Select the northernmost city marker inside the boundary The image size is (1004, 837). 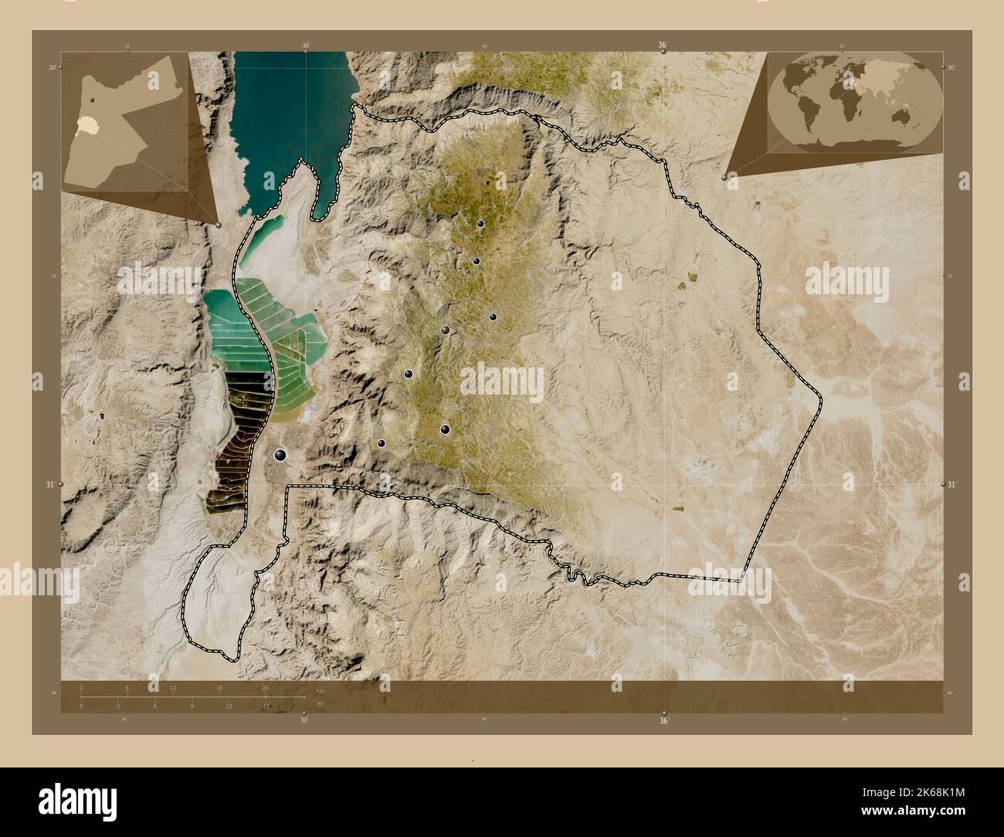(x=480, y=224)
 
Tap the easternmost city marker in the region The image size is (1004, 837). (x=493, y=317)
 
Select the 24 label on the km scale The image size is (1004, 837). (x=265, y=686)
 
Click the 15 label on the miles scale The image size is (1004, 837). (x=265, y=706)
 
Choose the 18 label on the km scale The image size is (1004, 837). (x=219, y=686)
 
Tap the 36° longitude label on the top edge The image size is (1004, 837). (x=663, y=46)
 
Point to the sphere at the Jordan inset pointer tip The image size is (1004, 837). (x=220, y=225)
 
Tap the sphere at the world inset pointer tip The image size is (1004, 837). (x=724, y=177)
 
